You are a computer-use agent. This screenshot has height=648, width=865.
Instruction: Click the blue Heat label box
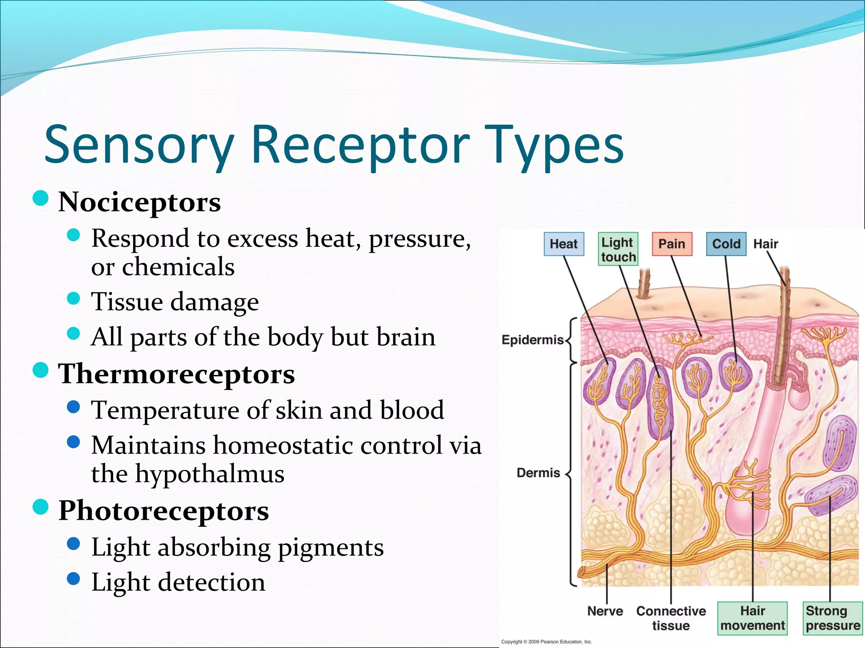coord(563,244)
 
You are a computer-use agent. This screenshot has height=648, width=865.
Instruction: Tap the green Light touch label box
coord(618,249)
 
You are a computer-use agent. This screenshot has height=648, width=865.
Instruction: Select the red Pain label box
coord(672,244)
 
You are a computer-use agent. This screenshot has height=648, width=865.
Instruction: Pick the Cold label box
coord(726,244)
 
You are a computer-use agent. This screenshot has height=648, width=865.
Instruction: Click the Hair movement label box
coord(753,618)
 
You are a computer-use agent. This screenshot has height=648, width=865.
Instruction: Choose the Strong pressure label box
coord(832,618)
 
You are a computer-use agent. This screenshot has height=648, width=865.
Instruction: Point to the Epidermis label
coord(532,340)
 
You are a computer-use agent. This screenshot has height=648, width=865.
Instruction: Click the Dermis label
coord(538,472)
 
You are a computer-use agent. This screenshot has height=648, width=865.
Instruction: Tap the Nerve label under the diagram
coord(605,611)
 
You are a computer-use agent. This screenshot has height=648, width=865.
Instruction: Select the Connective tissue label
coord(671,618)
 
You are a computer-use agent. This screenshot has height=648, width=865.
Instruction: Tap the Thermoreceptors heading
coord(177,374)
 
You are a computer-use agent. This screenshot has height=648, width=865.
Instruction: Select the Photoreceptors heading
coord(163,510)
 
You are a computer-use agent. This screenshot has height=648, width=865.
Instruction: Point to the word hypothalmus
coord(209,474)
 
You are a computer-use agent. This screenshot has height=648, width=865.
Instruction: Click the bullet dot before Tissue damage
coord(73,298)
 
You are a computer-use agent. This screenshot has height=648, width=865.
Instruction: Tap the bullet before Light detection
coord(73,578)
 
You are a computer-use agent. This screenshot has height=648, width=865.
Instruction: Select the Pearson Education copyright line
coord(546,642)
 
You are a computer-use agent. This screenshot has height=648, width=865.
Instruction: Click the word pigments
coord(331,548)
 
